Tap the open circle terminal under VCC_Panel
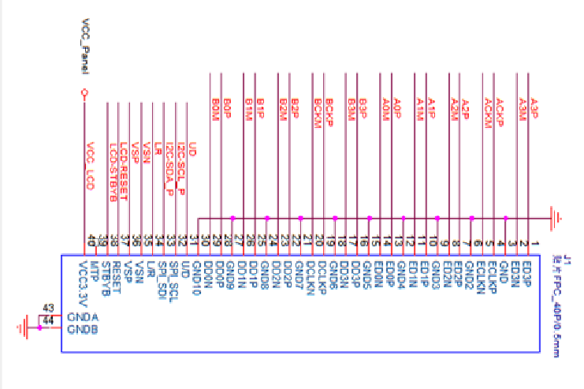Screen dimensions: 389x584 point(84,93)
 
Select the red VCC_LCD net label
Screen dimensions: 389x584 point(91,166)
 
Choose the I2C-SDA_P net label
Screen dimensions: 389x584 point(169,173)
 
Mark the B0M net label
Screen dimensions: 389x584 point(215,110)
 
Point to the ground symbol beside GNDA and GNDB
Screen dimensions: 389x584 point(29,324)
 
